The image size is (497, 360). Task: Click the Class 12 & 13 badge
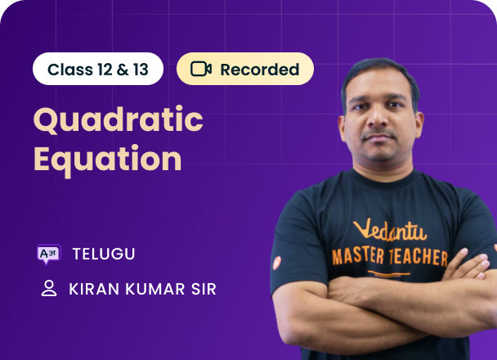point(98,69)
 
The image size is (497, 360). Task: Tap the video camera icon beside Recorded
point(201,69)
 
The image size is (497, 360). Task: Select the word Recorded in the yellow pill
point(260,70)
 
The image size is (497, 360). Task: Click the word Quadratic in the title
point(119,119)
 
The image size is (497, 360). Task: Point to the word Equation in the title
point(107,160)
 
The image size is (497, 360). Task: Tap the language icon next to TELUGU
point(49,254)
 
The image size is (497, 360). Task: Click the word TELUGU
point(104,254)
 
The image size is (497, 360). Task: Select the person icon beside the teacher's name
point(49,288)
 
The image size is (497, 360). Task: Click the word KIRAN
point(95,289)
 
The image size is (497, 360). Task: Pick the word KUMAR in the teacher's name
point(155,289)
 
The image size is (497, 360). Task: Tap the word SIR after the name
point(204,289)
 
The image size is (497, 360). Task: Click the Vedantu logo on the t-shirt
point(390,229)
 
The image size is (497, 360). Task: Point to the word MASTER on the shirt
point(358,256)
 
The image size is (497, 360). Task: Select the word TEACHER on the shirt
point(419,258)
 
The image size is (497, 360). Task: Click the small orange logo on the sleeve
point(277,263)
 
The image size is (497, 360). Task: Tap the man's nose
point(378,118)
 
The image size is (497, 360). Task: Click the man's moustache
point(378,133)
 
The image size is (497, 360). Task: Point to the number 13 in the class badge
point(141,70)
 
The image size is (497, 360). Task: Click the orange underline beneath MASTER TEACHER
point(388,273)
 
